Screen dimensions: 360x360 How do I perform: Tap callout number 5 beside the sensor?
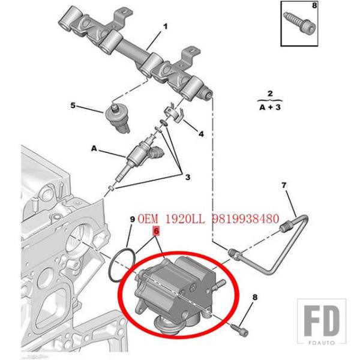coord(73,106)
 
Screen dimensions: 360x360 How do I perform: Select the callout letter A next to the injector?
coord(94,147)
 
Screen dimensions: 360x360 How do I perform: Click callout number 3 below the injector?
coord(187,177)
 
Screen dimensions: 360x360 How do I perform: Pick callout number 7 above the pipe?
coord(285,185)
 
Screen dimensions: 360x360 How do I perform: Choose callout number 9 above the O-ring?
coord(133,220)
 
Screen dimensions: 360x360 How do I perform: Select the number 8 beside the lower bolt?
coord(255,298)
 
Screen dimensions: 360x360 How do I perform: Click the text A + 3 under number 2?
coord(270,109)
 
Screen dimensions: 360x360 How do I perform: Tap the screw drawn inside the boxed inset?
coord(298,24)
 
